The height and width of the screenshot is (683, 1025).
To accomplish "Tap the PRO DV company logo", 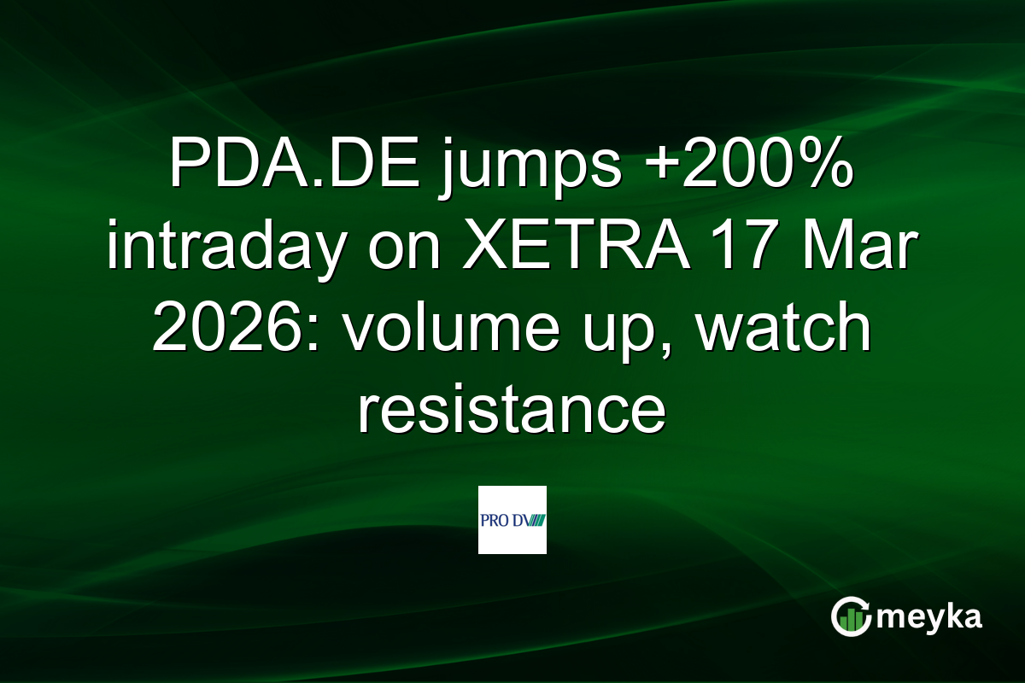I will (x=512, y=520).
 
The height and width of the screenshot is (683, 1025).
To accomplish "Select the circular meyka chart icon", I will (x=852, y=616).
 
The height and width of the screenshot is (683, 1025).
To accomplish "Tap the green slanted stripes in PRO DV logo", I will (x=535, y=520).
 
